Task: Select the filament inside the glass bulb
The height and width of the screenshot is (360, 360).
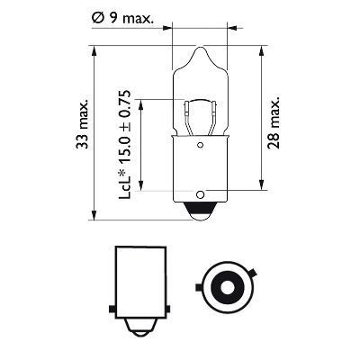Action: tap(197, 116)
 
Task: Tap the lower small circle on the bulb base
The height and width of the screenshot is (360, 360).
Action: tap(197, 192)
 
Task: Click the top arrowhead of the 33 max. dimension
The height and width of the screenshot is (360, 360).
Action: tap(94, 50)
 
